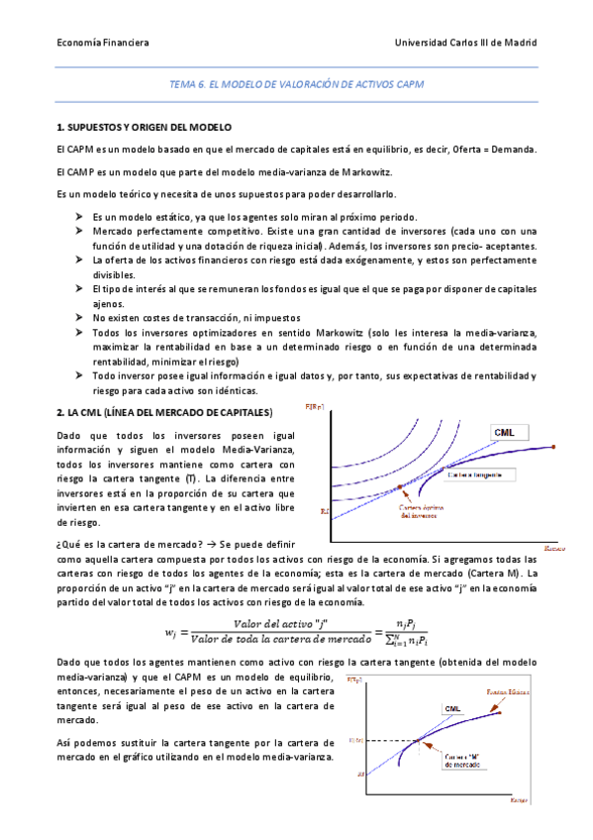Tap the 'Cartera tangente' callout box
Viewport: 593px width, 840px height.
click(x=474, y=474)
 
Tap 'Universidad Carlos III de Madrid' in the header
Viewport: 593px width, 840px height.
click(x=465, y=43)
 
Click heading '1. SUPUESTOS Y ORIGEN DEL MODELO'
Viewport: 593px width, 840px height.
click(x=144, y=128)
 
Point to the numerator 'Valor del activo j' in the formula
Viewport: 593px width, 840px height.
click(x=265, y=622)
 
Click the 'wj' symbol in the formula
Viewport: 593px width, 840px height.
click(x=170, y=630)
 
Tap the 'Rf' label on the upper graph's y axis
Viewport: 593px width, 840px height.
click(x=325, y=511)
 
